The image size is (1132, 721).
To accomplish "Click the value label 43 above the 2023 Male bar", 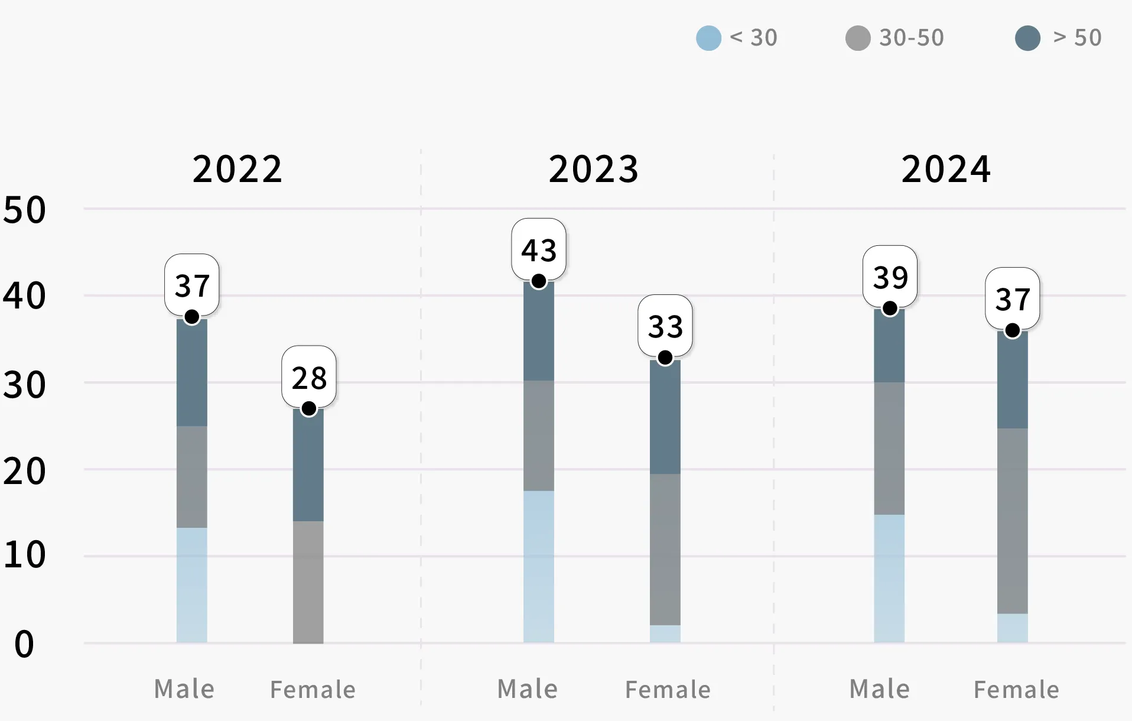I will coord(538,250).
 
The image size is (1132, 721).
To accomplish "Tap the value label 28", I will coord(308,378).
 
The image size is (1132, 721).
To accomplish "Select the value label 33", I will coord(665,326).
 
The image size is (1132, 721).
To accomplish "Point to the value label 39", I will coord(890,277).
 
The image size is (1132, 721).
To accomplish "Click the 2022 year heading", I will coord(238,169).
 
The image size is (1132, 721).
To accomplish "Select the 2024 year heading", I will coord(946,169).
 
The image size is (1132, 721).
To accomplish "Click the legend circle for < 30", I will coord(708,38).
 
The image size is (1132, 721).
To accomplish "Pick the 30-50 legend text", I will coord(911,38).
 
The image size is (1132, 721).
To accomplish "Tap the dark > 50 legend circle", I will coord(1027,38).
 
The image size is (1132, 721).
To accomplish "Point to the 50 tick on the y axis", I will coord(24,210).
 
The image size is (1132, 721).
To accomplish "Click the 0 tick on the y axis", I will coord(24,644).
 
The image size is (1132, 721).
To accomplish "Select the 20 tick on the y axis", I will coord(24,472).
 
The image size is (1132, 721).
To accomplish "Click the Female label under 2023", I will coord(668,690).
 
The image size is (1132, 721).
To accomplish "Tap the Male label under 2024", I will coord(879,689).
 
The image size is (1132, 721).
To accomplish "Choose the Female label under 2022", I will coord(313,690).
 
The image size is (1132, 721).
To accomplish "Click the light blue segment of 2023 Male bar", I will coord(538,566).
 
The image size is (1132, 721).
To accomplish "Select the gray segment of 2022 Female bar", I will coord(308,582).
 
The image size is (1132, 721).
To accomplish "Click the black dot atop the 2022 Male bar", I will coord(191,317).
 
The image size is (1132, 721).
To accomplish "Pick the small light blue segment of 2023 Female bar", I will coord(665,634).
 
